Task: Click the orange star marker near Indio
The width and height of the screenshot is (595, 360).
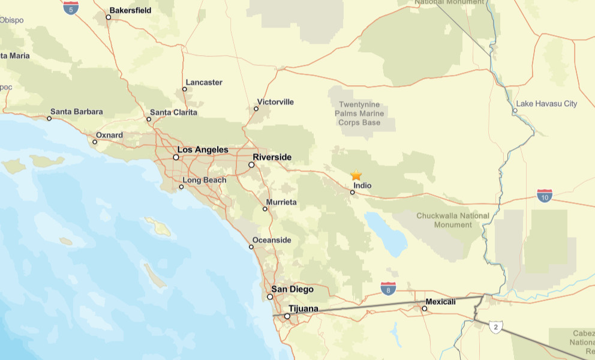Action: (356, 175)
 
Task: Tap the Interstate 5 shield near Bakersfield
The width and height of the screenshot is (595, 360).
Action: (71, 8)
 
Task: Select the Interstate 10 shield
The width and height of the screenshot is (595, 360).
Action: (545, 195)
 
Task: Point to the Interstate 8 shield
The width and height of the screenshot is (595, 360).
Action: (388, 289)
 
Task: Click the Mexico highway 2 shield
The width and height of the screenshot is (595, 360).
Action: (495, 327)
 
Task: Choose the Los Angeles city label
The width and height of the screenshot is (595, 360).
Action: (203, 149)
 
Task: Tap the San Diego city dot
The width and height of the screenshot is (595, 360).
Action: (270, 296)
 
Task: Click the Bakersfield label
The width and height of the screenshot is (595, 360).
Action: (130, 10)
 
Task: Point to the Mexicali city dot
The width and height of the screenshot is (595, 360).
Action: (424, 309)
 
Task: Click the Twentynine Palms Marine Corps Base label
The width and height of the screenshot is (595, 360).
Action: (359, 113)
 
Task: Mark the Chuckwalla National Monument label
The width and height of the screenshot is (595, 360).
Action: (453, 220)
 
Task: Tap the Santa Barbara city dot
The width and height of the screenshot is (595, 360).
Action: (49, 119)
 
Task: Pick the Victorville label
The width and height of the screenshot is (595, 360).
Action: (275, 102)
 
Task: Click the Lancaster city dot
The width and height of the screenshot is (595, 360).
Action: (185, 89)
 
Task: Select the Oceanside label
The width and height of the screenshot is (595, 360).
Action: (271, 241)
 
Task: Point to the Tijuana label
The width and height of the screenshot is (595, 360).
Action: (303, 309)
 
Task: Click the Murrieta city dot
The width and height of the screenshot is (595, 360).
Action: (265, 209)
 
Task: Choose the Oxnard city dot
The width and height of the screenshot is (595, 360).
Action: (95, 142)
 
